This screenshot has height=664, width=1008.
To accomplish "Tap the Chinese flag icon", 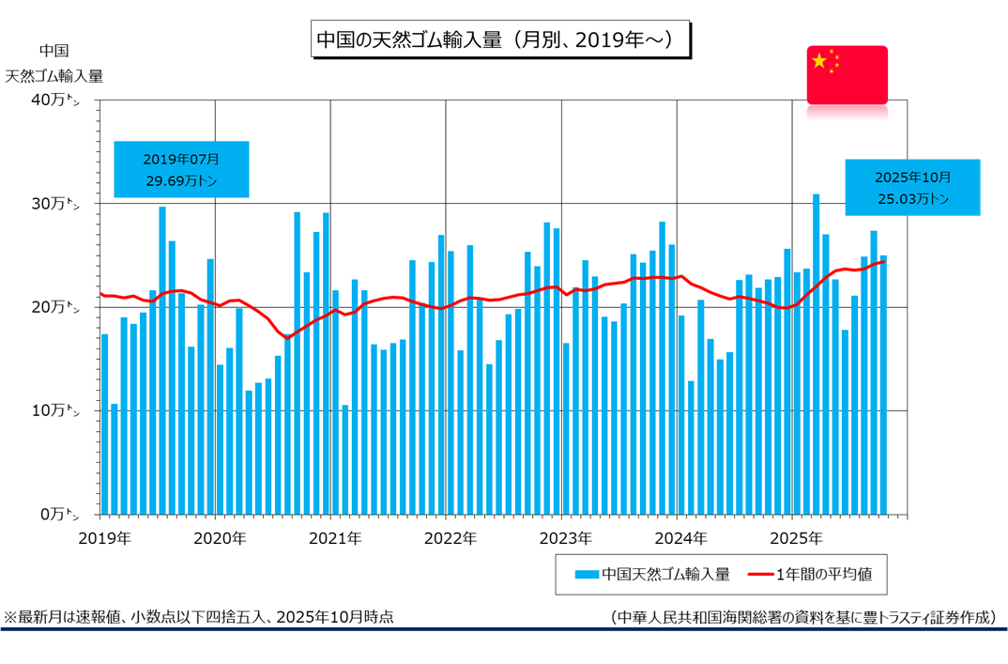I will [847, 74].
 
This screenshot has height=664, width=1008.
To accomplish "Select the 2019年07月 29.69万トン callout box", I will [181, 169].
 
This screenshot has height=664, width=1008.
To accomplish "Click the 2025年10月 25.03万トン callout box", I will [912, 188].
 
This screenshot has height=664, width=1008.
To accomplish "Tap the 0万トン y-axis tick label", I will [73, 514].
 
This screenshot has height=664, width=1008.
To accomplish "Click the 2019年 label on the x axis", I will [104, 538].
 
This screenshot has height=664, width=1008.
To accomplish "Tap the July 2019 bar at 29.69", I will [162, 361].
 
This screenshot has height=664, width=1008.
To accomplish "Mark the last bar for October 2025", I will [883, 385].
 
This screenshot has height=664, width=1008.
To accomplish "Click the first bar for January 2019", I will [104, 424].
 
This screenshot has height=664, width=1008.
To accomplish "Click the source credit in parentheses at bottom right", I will [802, 617].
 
